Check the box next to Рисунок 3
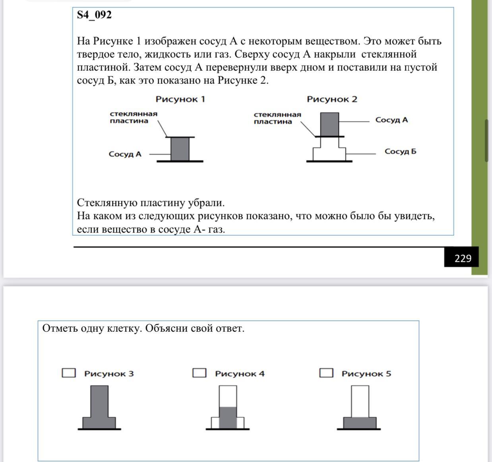click(69, 373)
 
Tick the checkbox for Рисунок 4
click(199, 373)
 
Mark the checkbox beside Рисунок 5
click(326, 373)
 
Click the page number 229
click(463, 258)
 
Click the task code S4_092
click(94, 15)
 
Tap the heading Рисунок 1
click(180, 99)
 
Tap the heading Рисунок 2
click(332, 99)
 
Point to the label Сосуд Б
click(400, 151)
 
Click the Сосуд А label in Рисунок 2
click(391, 120)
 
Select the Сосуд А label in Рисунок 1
click(125, 154)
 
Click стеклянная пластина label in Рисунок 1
click(134, 117)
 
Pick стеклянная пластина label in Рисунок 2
click(277, 118)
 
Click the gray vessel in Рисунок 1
click(180, 149)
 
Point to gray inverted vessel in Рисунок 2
click(329, 124)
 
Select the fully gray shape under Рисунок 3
click(99, 410)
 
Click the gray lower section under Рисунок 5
click(360, 423)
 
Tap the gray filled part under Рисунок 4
click(228, 417)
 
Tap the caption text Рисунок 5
click(366, 374)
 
